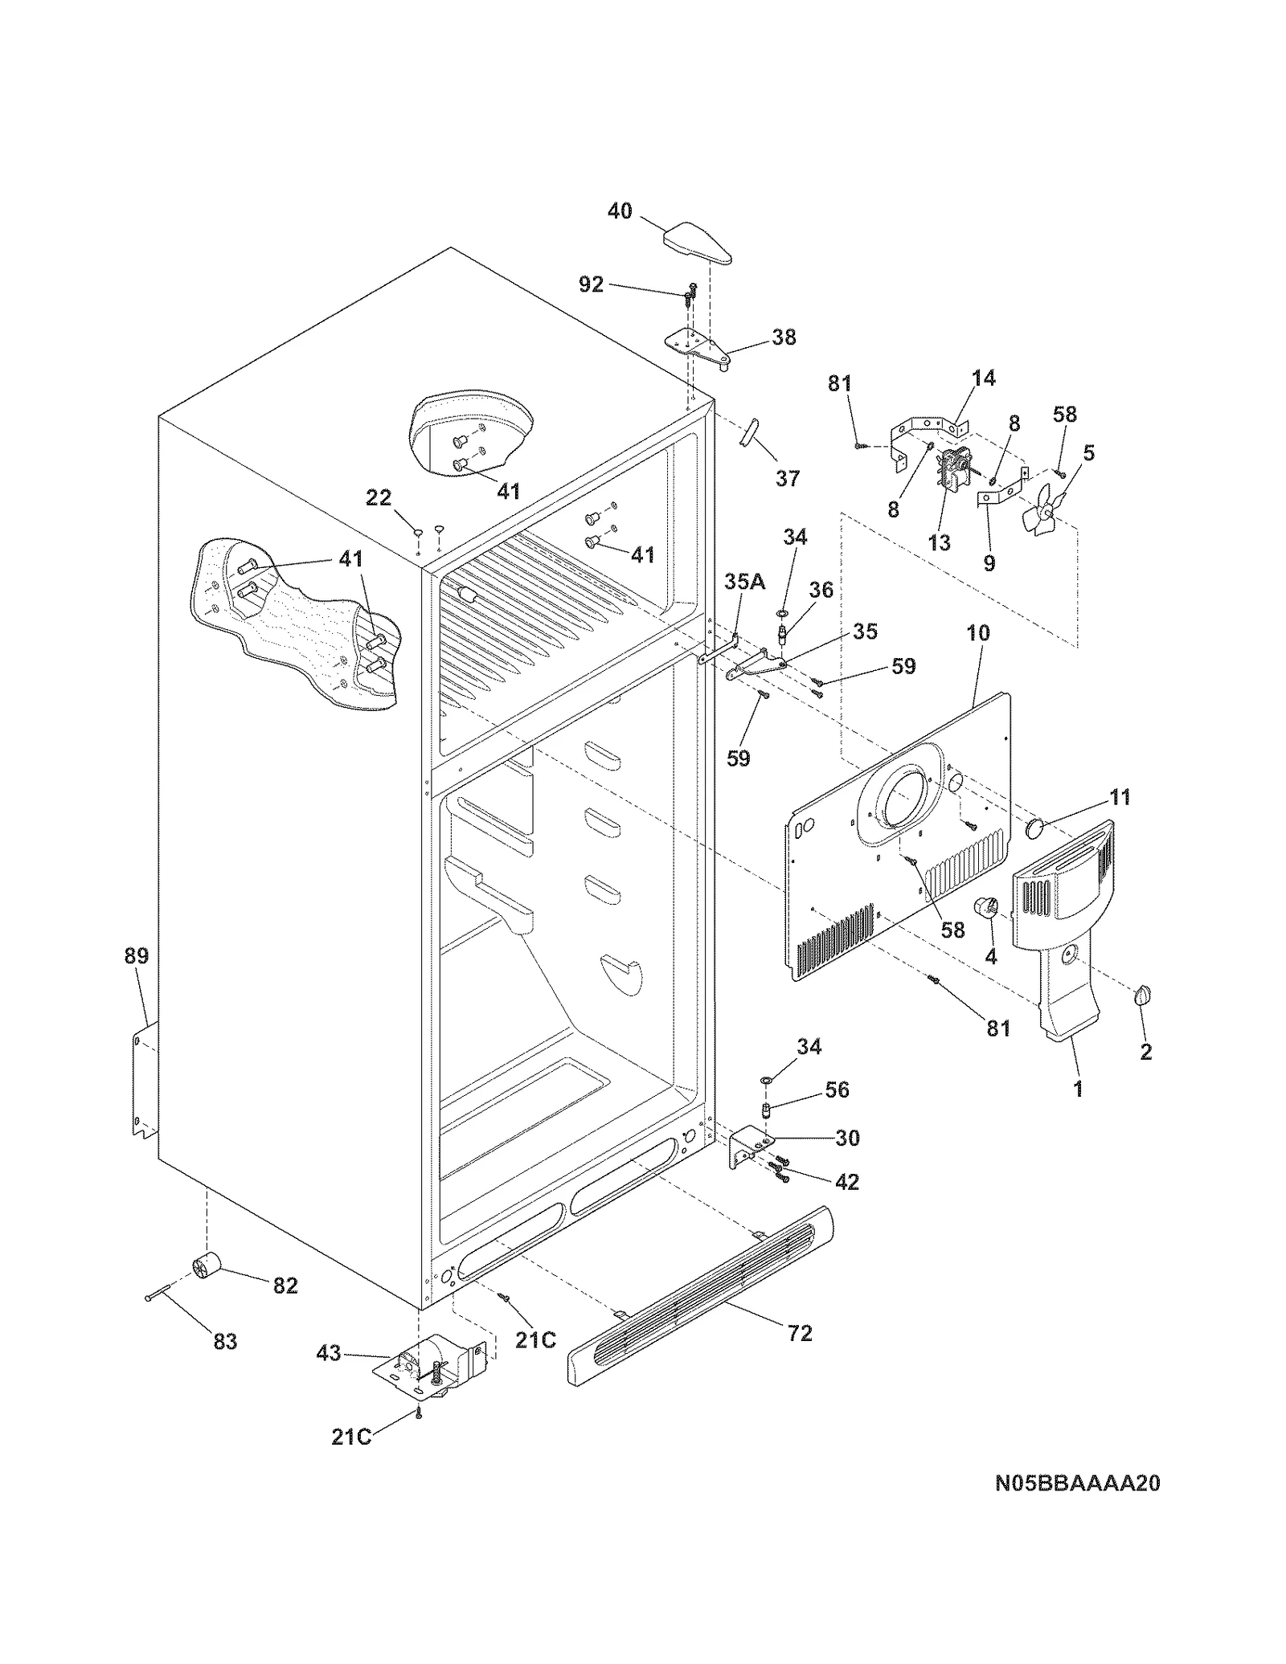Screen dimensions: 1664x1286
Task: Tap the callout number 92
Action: [591, 284]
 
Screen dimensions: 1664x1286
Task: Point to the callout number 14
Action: [983, 378]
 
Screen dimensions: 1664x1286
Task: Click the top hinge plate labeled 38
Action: [698, 346]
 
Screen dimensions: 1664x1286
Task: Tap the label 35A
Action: [744, 581]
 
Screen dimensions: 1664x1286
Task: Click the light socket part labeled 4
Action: [985, 908]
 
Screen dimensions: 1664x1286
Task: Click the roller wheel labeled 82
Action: [207, 1268]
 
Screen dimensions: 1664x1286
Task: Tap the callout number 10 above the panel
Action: [977, 632]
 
